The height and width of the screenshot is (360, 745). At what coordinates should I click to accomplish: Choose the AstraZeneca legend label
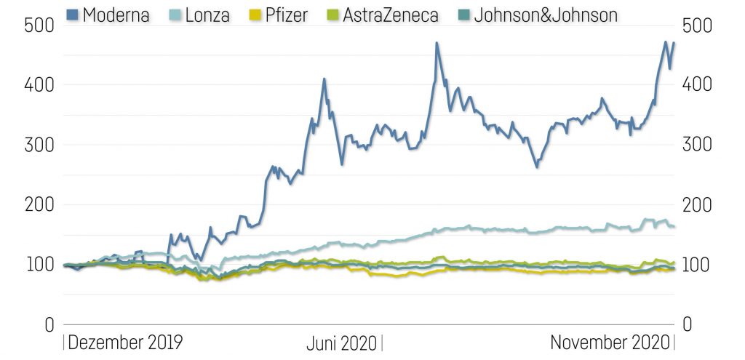[380, 14]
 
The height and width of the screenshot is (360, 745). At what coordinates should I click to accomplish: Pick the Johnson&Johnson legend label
[546, 14]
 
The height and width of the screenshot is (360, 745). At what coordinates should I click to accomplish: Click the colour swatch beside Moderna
[72, 14]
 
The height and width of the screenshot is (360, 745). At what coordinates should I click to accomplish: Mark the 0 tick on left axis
[48, 324]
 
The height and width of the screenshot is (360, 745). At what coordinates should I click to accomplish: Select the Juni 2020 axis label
[341, 343]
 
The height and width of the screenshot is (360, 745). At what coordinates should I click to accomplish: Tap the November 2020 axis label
[609, 343]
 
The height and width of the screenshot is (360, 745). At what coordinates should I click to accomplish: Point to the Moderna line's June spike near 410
[324, 79]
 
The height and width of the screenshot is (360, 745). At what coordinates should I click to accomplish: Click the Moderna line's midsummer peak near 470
[437, 43]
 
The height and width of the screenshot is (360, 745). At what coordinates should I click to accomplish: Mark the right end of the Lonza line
[674, 227]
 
